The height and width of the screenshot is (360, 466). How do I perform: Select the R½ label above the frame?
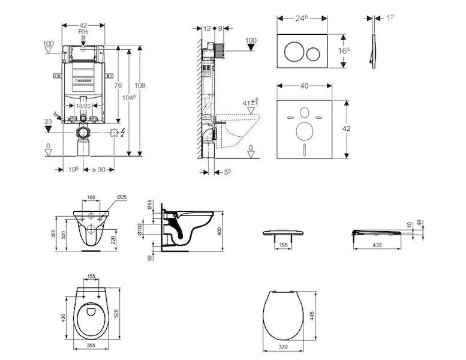(x=83, y=32)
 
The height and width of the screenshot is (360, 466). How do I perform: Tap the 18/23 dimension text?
(x=83, y=106)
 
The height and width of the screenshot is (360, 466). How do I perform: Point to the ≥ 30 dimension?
(x=98, y=169)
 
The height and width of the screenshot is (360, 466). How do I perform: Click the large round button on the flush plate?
(x=293, y=52)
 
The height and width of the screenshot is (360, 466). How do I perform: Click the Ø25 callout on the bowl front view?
(x=122, y=197)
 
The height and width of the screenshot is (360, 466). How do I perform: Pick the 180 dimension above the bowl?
(x=92, y=197)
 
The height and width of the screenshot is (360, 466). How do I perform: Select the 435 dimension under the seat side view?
(x=377, y=246)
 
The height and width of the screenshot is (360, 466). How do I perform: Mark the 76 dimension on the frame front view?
(x=119, y=85)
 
